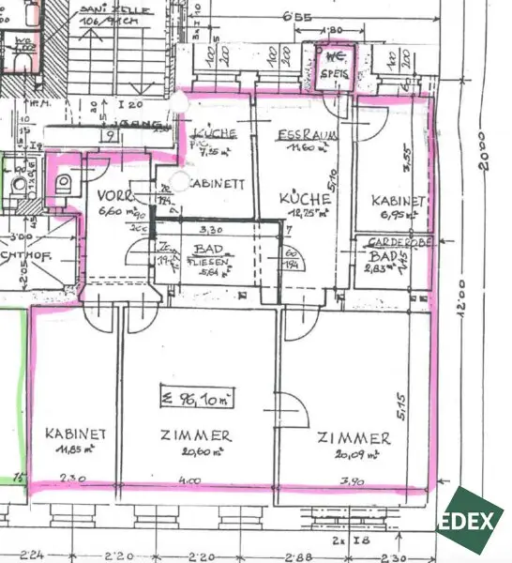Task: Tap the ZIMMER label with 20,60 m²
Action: click(196, 437)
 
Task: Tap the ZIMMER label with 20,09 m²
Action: click(353, 438)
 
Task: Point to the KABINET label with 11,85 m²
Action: click(74, 434)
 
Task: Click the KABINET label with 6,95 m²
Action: click(399, 201)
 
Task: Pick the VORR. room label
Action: click(118, 198)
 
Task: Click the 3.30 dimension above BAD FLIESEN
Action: click(213, 228)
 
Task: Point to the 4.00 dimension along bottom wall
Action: click(193, 482)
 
